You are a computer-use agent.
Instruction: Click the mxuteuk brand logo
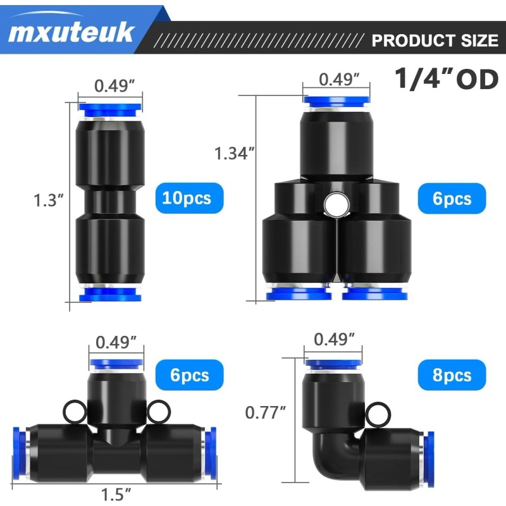click(71, 32)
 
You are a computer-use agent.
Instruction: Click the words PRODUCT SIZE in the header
click(435, 40)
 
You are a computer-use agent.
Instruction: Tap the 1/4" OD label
click(447, 78)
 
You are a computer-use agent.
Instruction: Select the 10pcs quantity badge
click(189, 198)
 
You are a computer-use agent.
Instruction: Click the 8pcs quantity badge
click(452, 375)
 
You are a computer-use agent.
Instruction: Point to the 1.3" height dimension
click(49, 200)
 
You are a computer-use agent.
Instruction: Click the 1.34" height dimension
click(235, 153)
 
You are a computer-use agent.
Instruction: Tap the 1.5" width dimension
click(116, 494)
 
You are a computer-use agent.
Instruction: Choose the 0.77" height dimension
click(265, 412)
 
